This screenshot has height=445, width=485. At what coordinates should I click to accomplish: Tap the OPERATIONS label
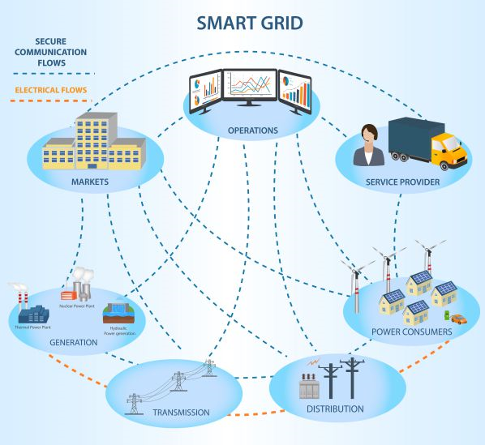[253, 130]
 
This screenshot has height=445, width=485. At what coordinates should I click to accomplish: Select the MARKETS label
[90, 182]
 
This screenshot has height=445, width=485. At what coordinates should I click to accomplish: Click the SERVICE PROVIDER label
[403, 182]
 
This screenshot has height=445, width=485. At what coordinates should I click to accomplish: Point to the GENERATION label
[74, 342]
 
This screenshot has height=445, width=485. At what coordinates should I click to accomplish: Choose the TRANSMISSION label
[181, 413]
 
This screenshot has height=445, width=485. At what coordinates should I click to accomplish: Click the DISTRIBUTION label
[335, 409]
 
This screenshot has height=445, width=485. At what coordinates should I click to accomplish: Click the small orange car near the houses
[459, 319]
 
